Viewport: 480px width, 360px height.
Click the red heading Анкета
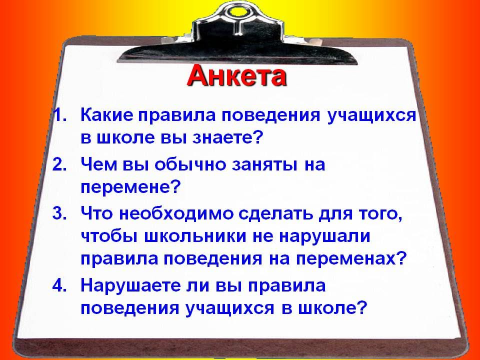click(x=236, y=76)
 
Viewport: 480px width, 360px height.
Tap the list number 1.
click(x=59, y=115)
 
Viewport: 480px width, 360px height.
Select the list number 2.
click(x=59, y=164)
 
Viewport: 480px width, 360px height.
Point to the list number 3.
click(x=59, y=213)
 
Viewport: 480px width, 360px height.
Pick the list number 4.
click(x=59, y=285)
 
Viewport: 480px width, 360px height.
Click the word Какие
click(x=107, y=115)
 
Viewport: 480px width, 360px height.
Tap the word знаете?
click(x=228, y=138)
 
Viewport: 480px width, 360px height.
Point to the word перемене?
click(x=129, y=187)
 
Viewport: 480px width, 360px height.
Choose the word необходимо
click(x=175, y=213)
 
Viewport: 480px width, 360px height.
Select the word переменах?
click(x=351, y=259)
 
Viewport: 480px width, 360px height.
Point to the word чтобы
click(x=109, y=236)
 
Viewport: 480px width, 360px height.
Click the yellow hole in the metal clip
click(x=237, y=11)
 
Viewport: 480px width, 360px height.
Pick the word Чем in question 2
click(x=99, y=164)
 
